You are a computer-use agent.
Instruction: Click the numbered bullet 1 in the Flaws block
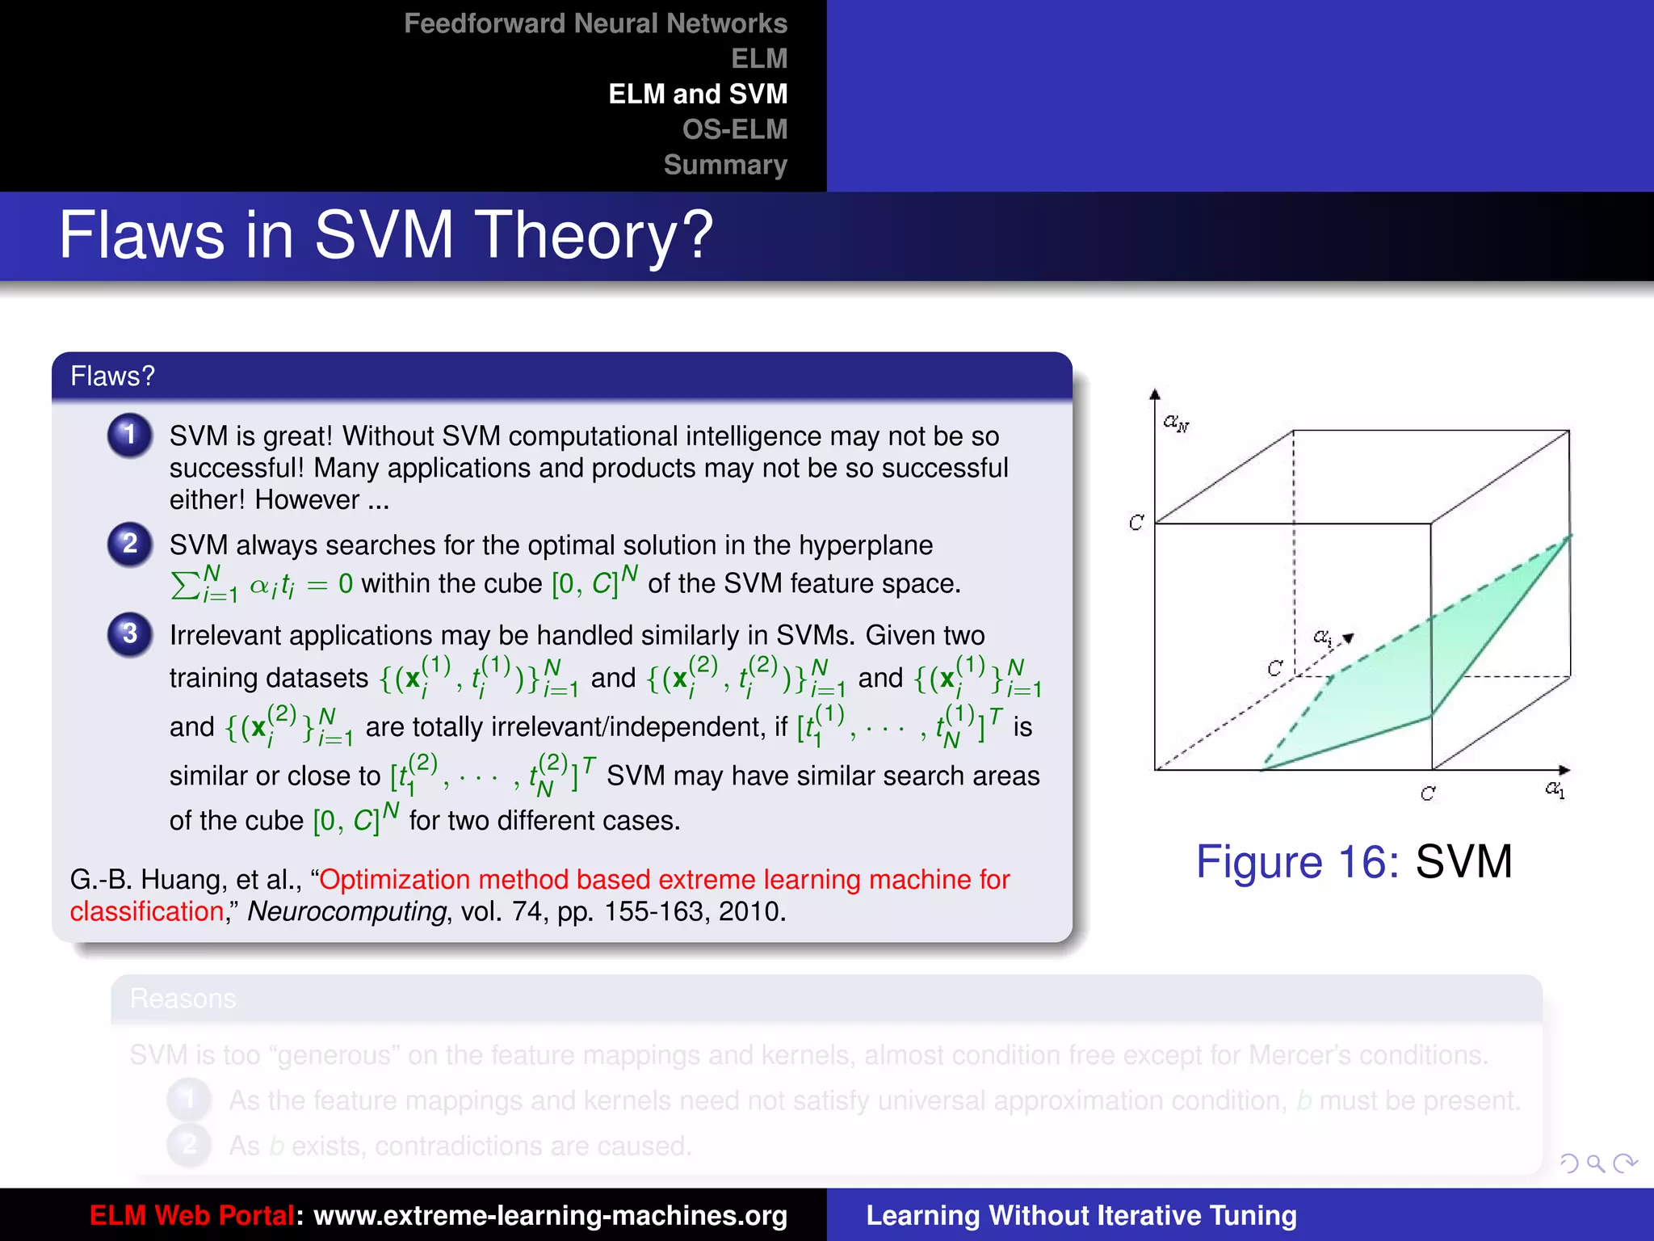pos(129,435)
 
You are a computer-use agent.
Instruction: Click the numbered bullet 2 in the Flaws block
pos(129,544)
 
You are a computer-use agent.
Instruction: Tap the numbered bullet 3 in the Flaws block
pos(129,633)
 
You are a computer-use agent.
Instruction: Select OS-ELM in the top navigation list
pos(734,129)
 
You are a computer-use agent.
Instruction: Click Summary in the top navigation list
pos(724,165)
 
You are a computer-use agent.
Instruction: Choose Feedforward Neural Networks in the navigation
pos(595,23)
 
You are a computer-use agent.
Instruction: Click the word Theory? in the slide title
pos(594,235)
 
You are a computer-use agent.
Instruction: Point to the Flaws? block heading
pos(112,377)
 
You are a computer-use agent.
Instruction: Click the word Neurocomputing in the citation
pos(346,911)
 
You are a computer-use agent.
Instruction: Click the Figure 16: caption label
pos(1297,861)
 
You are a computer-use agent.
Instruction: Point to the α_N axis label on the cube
pos(1176,423)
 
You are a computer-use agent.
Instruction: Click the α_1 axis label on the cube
pos(1555,789)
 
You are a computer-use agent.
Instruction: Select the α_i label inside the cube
pos(1322,637)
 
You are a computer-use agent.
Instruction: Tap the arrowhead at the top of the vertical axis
pos(1155,394)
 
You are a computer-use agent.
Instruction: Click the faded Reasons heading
pos(183,999)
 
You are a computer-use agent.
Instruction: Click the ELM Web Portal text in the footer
pos(191,1215)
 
